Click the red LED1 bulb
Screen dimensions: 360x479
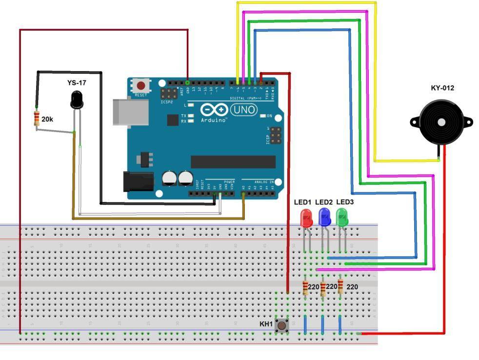coord(306,218)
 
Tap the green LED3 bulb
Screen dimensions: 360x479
coord(342,217)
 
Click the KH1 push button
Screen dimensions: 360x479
coord(281,325)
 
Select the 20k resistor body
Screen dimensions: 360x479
coord(37,119)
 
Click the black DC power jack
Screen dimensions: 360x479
coord(139,181)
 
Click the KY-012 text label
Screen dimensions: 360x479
coord(442,88)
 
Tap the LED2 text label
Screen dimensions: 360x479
coord(324,202)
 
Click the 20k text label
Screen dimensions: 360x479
coord(47,119)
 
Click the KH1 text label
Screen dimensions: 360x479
coord(266,324)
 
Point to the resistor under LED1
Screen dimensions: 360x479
coord(305,288)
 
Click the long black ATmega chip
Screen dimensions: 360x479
coord(233,162)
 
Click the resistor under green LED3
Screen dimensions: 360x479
coord(340,287)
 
